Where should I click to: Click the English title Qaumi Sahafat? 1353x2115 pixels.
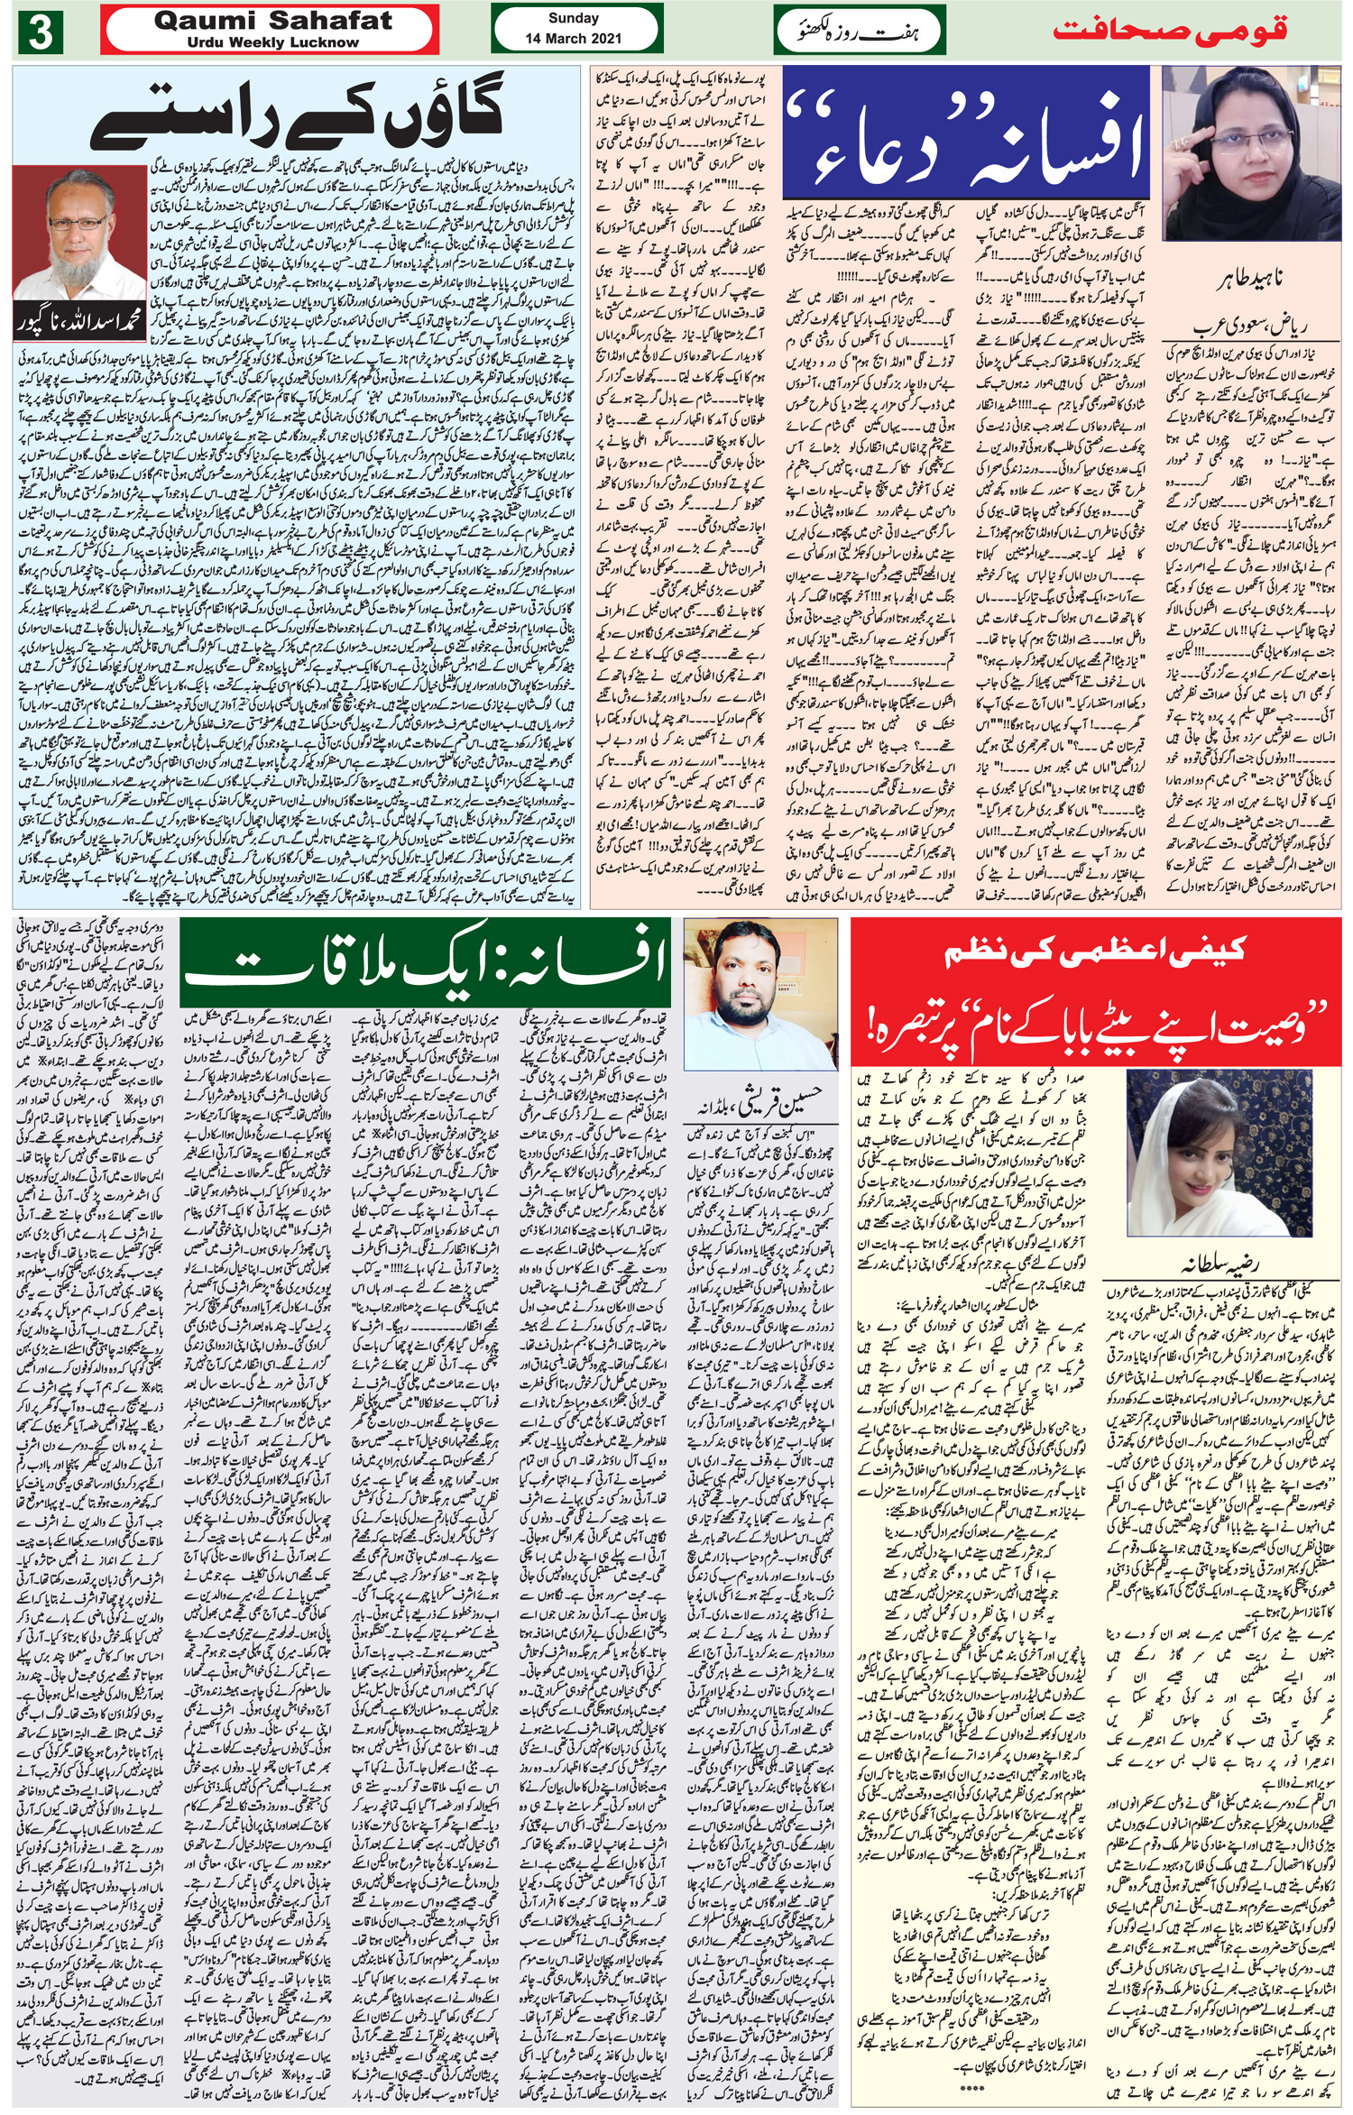pos(273,21)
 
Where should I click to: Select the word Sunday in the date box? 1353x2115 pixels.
pos(573,18)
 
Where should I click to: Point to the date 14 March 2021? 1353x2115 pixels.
pos(573,39)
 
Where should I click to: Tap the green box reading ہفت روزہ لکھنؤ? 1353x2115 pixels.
pos(858,32)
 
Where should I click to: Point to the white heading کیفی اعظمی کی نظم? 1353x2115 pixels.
pos(1095,951)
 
